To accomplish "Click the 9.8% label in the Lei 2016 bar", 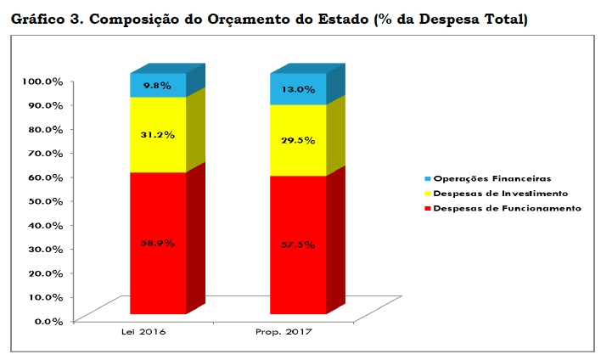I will point(158,86).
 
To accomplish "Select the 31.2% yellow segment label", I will point(158,134).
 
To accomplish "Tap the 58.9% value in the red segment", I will point(158,243).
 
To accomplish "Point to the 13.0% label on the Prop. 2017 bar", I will point(298,88).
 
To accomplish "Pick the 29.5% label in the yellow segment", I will point(298,140).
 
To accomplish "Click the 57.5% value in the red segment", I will point(298,245).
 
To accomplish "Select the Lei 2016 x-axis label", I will point(143,333).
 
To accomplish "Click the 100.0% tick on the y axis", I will point(42,82).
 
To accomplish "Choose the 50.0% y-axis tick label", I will point(45,201).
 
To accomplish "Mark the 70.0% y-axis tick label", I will point(45,154).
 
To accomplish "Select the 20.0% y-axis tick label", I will point(45,273).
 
